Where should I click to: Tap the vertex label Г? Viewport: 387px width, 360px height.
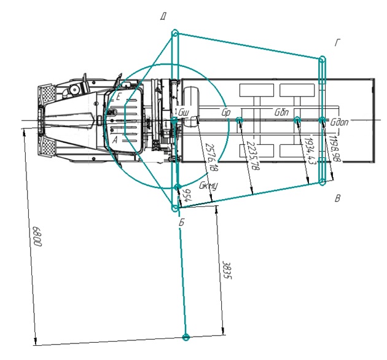point(337,42)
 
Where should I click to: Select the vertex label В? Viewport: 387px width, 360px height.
point(337,198)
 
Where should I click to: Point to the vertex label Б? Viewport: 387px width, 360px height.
point(181,222)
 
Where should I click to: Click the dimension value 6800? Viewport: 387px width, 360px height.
point(37,236)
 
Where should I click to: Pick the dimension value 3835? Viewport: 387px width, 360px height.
point(226,271)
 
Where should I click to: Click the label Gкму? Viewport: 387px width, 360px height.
point(208,185)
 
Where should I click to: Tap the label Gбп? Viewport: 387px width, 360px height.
point(282,113)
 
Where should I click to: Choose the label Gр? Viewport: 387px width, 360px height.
point(225,113)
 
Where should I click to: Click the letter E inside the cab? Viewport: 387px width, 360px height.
point(119,97)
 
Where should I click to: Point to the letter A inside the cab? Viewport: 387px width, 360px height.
point(115,140)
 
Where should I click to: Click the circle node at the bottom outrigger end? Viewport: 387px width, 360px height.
point(186,337)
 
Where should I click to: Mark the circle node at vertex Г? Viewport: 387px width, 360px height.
point(321,60)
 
